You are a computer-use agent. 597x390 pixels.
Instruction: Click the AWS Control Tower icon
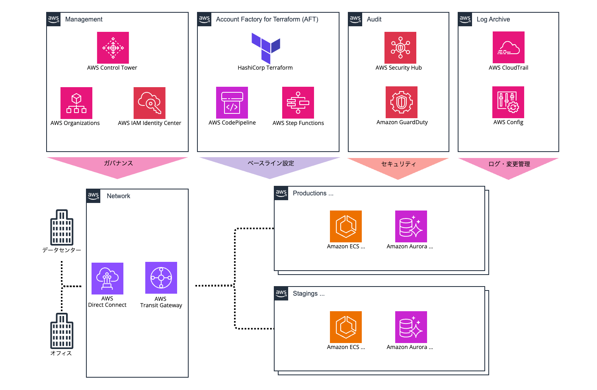[x=113, y=48]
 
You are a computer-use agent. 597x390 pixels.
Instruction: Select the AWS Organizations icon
[x=76, y=103]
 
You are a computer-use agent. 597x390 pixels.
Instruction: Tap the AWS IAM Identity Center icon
[x=150, y=103]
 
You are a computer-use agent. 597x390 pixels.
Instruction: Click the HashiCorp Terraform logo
[x=266, y=48]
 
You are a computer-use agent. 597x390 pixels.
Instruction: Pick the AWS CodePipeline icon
[x=232, y=103]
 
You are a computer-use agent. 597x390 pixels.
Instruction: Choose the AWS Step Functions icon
[x=298, y=103]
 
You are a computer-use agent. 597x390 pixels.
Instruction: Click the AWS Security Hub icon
[x=400, y=48]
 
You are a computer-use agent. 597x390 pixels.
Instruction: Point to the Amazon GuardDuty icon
[x=402, y=102]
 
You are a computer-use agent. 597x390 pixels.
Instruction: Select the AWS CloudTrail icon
[x=509, y=47]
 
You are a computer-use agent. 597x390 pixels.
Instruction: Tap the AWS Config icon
[x=508, y=102]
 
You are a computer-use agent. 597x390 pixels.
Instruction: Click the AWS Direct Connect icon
[x=107, y=279]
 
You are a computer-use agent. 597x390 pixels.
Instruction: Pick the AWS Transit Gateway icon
[x=161, y=278]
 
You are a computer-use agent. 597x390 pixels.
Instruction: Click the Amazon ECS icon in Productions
[x=346, y=226]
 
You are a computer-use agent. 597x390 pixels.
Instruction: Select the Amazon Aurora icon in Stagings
[x=411, y=327]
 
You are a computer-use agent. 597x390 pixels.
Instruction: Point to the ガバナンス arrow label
[x=118, y=163]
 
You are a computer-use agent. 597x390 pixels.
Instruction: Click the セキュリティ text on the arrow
[x=398, y=164]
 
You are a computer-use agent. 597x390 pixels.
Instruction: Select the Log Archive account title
[x=493, y=19]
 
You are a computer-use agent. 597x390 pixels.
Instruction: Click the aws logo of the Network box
[x=94, y=195]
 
